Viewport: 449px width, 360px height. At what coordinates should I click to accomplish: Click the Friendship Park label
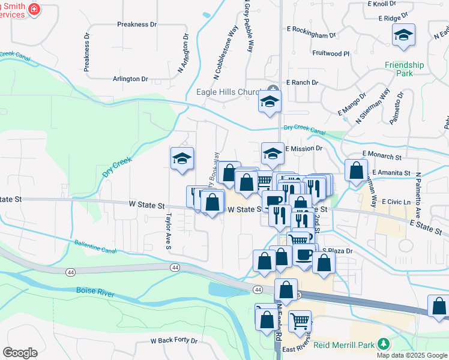(405, 69)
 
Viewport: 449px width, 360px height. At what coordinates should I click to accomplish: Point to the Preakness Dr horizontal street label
(137, 25)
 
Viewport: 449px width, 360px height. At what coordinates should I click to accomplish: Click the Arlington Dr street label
(130, 79)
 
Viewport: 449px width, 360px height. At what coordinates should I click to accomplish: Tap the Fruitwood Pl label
(331, 53)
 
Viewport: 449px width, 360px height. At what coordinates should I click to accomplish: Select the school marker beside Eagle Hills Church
(270, 101)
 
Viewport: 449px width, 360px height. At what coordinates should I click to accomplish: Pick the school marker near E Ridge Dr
(403, 35)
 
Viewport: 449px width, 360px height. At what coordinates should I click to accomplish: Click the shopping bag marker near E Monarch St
(357, 170)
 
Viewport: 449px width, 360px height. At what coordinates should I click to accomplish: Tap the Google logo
(20, 353)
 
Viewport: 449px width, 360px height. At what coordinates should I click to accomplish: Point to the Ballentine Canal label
(95, 247)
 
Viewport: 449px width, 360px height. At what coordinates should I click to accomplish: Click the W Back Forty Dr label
(174, 340)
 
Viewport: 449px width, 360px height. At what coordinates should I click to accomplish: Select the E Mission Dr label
(304, 148)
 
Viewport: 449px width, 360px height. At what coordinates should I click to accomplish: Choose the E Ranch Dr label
(305, 82)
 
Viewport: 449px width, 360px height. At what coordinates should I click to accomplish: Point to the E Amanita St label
(390, 173)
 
